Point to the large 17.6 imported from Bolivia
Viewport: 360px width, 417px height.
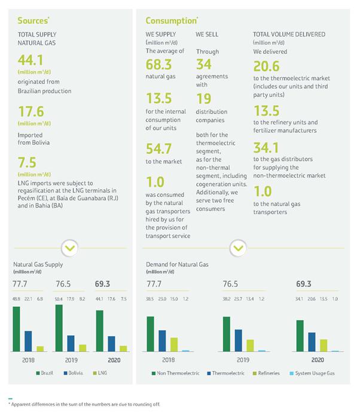[x=29, y=111]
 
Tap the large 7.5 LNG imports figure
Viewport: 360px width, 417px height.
[x=25, y=162]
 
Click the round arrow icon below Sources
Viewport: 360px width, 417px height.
[x=70, y=247]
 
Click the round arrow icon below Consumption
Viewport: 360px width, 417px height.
[x=238, y=247]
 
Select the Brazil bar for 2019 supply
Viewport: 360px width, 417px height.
[x=59, y=328]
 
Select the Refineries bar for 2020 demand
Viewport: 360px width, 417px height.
[x=324, y=345]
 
